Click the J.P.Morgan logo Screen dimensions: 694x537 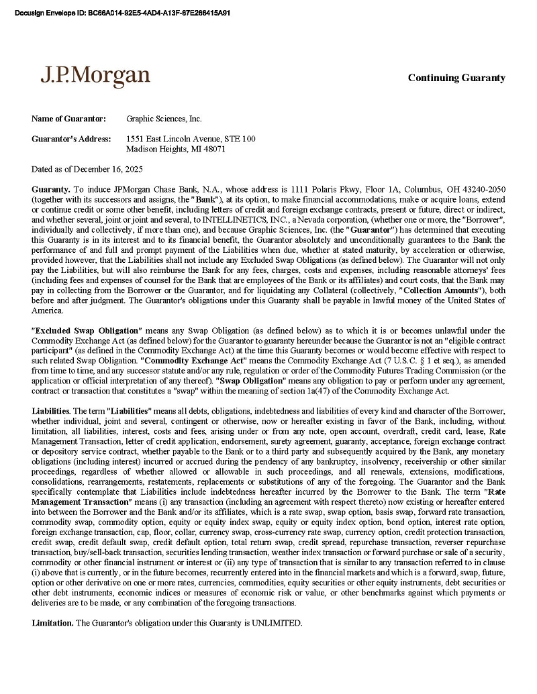coord(95,75)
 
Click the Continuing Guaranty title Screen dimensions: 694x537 coord(456,78)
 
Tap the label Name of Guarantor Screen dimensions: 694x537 coord(68,119)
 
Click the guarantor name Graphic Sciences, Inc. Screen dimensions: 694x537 coord(164,119)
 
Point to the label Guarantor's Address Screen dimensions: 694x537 coord(71,139)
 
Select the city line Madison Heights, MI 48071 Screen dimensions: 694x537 coord(176,149)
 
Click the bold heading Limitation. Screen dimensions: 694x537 coord(53,623)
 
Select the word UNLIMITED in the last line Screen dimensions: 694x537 coord(276,623)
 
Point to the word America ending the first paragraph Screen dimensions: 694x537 coord(47,310)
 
